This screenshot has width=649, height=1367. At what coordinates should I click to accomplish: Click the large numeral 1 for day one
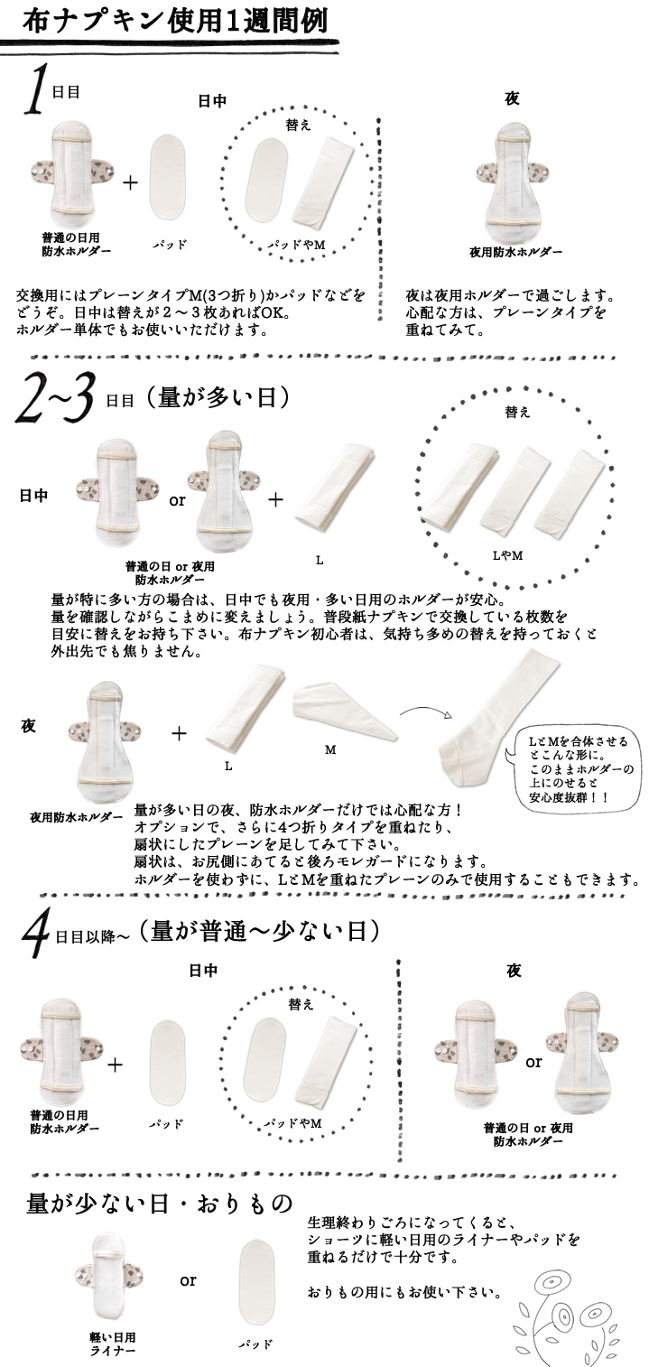pos(39,91)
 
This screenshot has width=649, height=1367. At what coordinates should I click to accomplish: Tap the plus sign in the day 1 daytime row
pos(131,182)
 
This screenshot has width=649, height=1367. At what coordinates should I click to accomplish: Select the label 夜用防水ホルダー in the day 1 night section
pos(515,251)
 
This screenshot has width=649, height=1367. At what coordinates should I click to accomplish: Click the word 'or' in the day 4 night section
pos(533,1062)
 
